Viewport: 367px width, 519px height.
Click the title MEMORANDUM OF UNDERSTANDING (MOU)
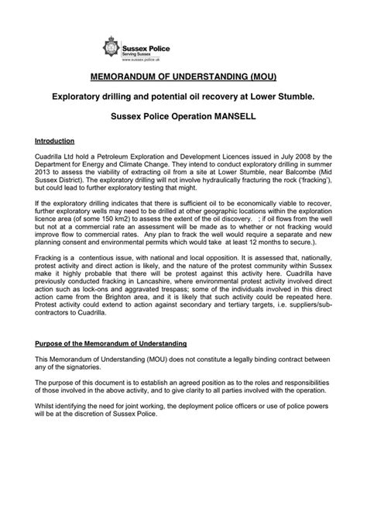click(183, 79)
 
